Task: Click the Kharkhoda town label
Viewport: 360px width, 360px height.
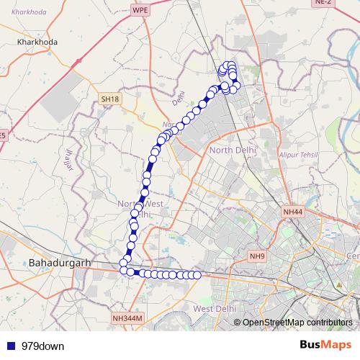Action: tap(37, 42)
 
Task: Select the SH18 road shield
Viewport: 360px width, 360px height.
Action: tap(109, 98)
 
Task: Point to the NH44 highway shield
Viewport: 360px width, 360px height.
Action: tap(294, 212)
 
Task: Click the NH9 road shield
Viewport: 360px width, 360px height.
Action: tap(257, 256)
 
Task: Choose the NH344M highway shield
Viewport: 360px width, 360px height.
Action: tap(128, 318)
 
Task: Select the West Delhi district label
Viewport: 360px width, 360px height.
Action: tap(214, 309)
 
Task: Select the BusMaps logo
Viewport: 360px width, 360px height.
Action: tap(325, 345)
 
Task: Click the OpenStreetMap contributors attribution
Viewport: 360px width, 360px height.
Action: tap(297, 323)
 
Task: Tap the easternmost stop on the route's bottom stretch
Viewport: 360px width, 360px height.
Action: tap(197, 275)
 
